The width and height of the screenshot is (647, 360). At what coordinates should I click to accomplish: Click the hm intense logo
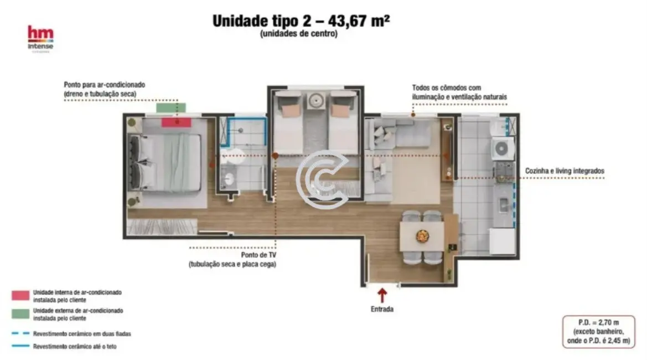coord(40,38)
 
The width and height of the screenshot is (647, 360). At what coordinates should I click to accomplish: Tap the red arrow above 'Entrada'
coord(382,294)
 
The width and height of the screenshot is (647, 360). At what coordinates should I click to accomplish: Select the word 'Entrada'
coord(382,310)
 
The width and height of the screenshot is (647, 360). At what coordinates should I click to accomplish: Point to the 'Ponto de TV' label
coord(258,255)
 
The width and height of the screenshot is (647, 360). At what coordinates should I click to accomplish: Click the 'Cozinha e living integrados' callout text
coord(565,172)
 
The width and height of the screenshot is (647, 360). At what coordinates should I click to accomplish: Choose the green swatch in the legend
coord(20,314)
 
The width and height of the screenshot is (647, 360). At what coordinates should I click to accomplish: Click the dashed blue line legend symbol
coord(20,333)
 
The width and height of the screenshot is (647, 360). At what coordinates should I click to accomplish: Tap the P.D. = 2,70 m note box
coord(598,331)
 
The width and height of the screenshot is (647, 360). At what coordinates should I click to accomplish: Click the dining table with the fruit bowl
coord(422,236)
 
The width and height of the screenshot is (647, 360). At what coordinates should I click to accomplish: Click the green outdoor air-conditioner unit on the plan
coord(171,107)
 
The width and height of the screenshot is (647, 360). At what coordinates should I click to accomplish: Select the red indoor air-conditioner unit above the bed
coord(177,121)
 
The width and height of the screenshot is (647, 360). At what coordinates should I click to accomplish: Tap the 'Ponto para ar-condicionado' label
coord(104,85)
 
